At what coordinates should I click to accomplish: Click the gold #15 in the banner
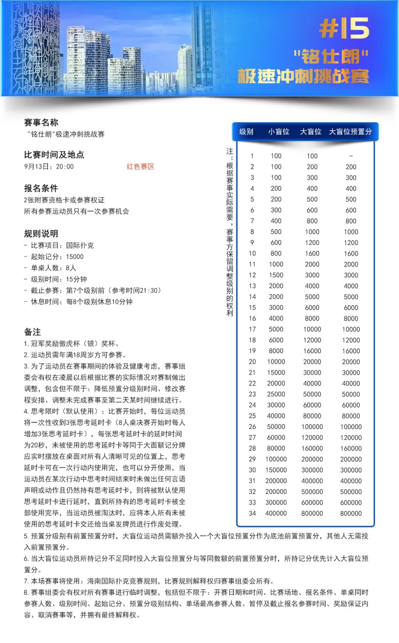coord(344,28)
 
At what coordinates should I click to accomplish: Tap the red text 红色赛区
coord(140,166)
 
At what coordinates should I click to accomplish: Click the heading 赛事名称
coord(41,122)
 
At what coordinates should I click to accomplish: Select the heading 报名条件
coord(41,188)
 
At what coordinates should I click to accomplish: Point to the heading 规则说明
coord(41,233)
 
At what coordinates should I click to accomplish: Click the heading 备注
coord(33,332)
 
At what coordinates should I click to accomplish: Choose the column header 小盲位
coord(279,132)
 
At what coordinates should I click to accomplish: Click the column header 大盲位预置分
coord(350,132)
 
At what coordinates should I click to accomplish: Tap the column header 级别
coord(246,132)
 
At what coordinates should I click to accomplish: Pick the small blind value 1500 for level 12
coord(276,275)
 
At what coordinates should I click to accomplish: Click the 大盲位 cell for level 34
coord(312,514)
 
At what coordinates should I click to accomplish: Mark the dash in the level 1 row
coord(351,156)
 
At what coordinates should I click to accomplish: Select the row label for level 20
coord(252,362)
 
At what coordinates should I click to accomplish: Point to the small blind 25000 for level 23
coord(276,394)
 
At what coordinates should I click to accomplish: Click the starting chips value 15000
coord(75,257)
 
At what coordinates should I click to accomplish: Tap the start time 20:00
coord(65,167)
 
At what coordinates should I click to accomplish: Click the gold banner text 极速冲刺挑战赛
coord(303,76)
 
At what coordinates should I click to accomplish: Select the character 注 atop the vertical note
coord(230,151)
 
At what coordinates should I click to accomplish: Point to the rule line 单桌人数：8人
coord(54,268)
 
